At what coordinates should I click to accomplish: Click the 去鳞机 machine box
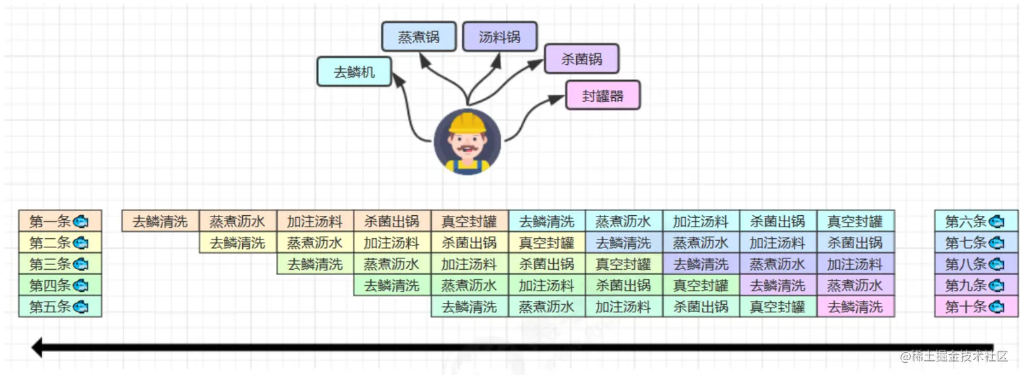tap(355, 72)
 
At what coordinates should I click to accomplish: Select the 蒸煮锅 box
tap(419, 36)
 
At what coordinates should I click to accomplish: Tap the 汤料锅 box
tap(500, 36)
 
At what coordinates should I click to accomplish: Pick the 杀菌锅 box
tap(582, 59)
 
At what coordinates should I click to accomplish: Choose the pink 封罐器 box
tap(602, 95)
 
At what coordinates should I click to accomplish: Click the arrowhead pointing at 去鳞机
tap(397, 78)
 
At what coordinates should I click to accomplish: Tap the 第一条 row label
tap(59, 221)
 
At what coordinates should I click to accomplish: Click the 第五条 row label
tap(59, 307)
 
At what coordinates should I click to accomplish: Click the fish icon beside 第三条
tap(81, 264)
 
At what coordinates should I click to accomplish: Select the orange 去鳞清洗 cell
tap(160, 221)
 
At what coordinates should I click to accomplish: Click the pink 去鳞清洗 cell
tap(855, 307)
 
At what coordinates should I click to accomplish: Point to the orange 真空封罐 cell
tap(469, 221)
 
